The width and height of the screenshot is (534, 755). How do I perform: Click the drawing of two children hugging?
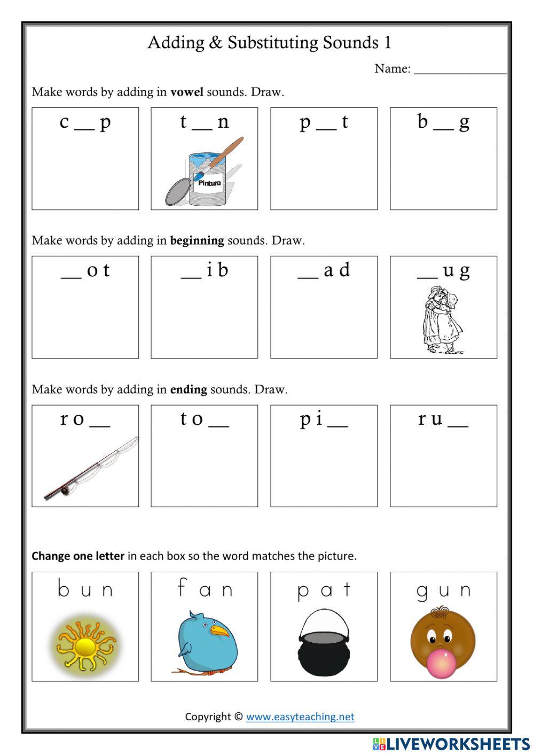(x=442, y=321)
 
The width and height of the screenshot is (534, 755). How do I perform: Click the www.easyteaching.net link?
(x=300, y=717)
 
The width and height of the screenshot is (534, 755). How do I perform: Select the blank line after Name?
(x=460, y=69)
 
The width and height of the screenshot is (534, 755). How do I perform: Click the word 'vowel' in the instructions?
(x=186, y=92)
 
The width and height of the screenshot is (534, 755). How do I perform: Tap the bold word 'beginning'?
(x=197, y=240)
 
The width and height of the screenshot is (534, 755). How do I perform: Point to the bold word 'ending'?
(x=189, y=390)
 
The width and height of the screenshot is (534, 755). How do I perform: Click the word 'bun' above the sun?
(x=85, y=589)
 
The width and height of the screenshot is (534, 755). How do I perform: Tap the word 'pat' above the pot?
(x=324, y=590)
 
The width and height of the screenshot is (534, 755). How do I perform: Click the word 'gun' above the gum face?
(x=443, y=590)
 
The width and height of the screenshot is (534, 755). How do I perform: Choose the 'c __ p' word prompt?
(x=85, y=122)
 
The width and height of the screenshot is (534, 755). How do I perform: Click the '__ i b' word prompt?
(x=205, y=270)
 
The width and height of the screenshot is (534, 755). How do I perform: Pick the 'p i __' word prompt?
(x=324, y=419)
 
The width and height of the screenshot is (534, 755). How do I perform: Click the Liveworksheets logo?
(x=451, y=744)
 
